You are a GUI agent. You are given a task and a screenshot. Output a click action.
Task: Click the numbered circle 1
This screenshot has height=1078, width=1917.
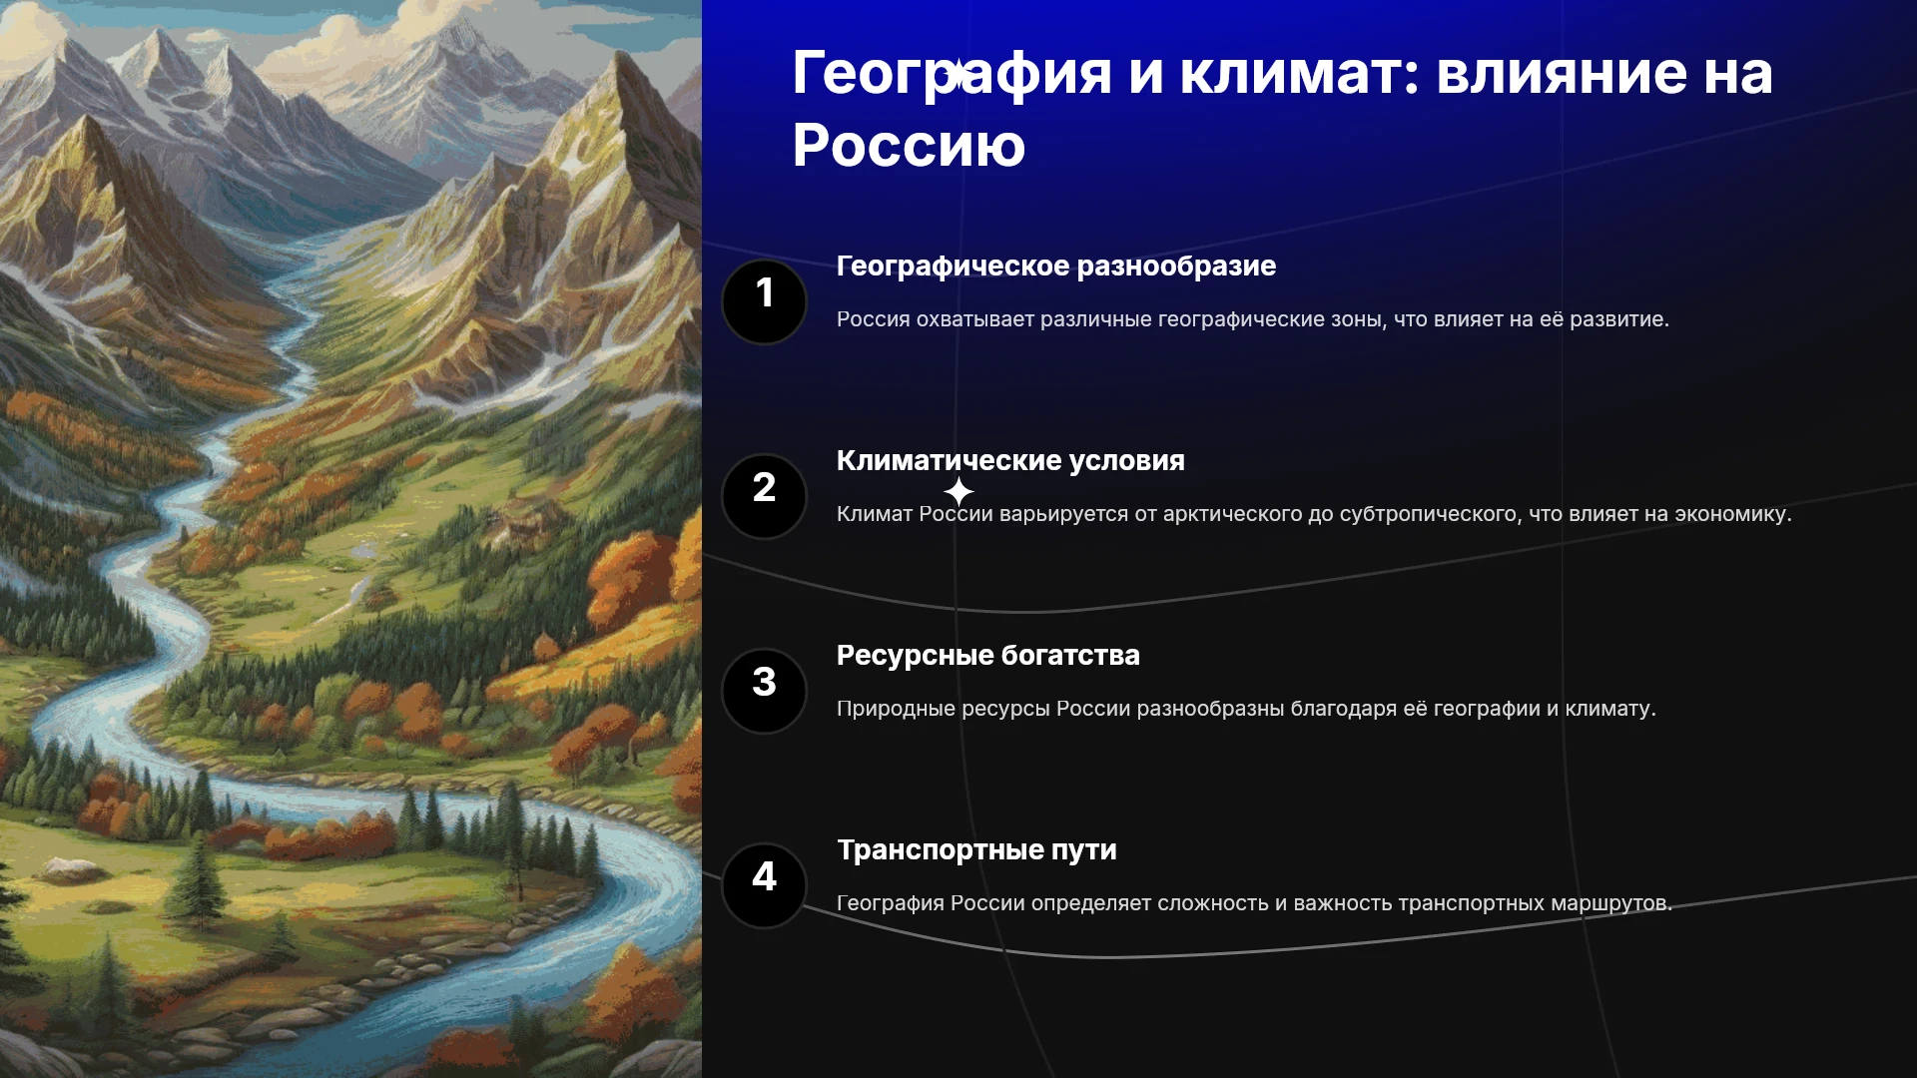point(764,301)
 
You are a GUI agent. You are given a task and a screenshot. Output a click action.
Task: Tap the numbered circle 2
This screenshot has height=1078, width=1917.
point(764,496)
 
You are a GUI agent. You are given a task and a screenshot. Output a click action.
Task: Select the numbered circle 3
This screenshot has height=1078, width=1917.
point(764,691)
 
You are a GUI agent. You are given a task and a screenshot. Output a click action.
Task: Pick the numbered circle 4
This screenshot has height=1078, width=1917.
point(764,885)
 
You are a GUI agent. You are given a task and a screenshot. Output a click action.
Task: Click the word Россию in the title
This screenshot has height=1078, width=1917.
point(909,146)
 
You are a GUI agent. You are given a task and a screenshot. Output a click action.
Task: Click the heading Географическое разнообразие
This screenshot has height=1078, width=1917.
point(1056,267)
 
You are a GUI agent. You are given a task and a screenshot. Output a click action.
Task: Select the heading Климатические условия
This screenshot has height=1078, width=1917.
point(1010,460)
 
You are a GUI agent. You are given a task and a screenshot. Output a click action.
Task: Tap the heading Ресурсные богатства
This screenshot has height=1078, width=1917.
point(988,656)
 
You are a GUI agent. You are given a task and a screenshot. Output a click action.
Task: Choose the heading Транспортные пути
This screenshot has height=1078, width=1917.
point(976,850)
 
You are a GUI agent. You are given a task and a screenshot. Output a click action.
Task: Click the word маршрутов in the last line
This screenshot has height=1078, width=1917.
point(1611,904)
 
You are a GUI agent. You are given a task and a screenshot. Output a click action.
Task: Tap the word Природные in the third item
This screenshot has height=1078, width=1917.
point(896,709)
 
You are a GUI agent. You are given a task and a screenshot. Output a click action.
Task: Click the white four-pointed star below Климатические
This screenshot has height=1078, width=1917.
point(958,491)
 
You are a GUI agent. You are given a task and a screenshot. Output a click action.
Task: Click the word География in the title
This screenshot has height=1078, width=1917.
point(953,74)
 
